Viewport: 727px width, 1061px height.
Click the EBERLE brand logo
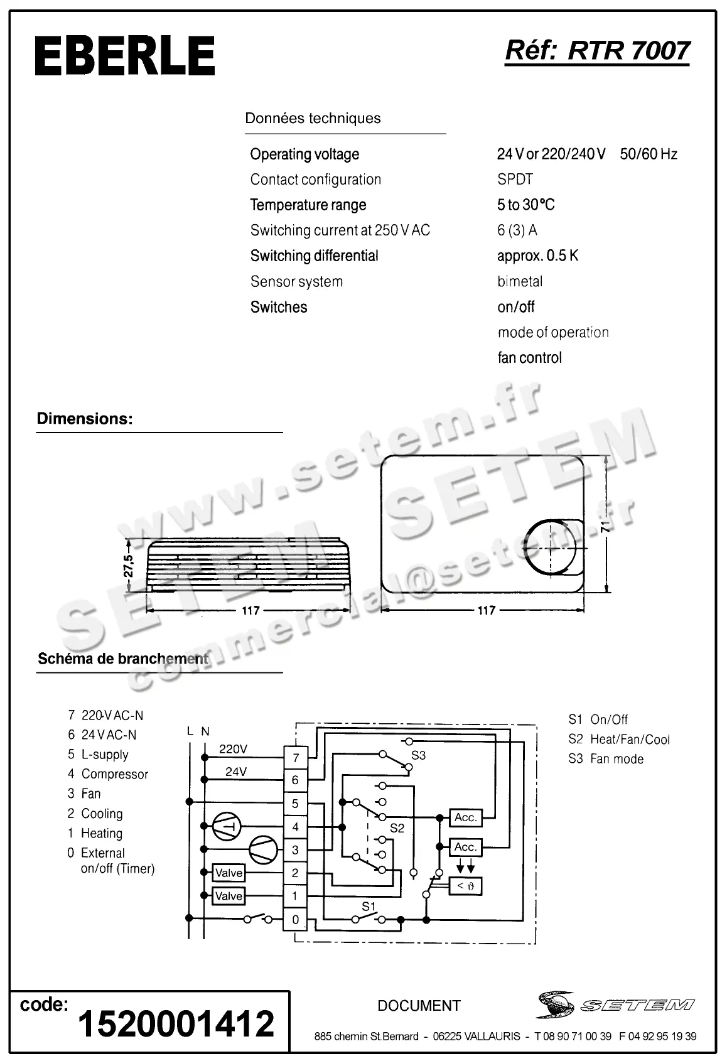coord(125,56)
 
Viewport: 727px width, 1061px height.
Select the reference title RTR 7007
coord(597,51)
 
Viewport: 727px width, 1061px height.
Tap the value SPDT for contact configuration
coord(515,180)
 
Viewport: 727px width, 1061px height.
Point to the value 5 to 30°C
coord(525,205)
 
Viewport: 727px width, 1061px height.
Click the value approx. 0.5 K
coord(537,256)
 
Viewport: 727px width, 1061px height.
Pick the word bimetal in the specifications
coord(520,281)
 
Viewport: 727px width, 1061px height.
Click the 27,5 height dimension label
coord(129,566)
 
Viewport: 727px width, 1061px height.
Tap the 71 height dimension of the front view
coord(605,525)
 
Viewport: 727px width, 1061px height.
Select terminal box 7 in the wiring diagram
coord(296,758)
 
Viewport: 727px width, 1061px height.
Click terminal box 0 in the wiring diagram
coord(296,920)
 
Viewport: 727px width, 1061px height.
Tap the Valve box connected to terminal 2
coord(229,873)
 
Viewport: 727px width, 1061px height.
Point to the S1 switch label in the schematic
coord(369,907)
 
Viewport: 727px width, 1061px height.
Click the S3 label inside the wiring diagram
coord(418,755)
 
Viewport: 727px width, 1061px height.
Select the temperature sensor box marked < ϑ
coord(465,886)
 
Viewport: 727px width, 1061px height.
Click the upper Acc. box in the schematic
coord(465,817)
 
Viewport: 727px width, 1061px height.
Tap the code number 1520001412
coord(176,1024)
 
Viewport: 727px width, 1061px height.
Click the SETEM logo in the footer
coord(615,1005)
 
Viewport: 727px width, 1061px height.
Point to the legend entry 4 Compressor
coord(108,774)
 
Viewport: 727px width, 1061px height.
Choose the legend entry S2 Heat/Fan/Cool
coord(619,740)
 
